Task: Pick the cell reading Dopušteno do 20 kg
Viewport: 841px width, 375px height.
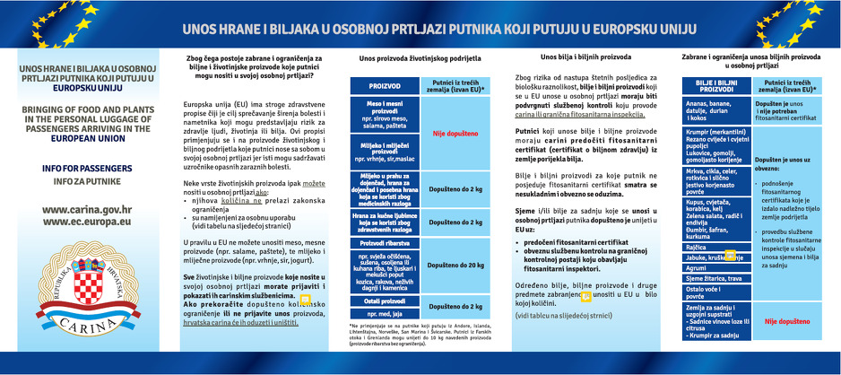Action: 455,266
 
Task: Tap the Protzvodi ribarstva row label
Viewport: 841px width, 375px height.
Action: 384,243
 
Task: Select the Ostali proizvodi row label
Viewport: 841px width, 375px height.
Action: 384,301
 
